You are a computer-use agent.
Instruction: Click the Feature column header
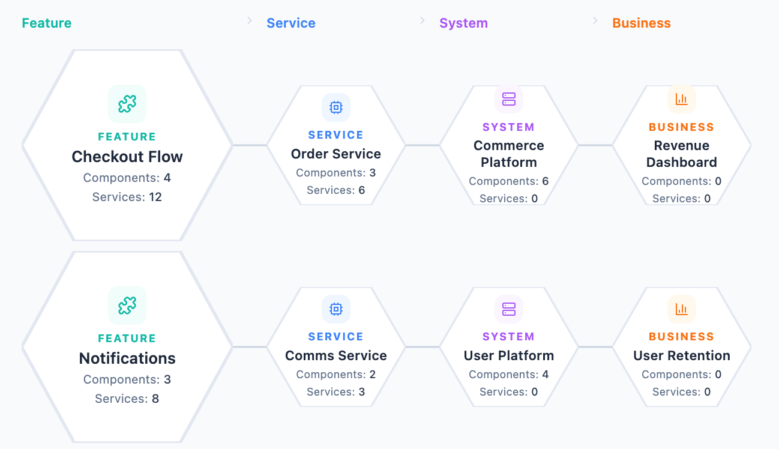46,23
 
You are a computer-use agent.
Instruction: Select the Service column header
291,23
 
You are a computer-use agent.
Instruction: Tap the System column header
463,23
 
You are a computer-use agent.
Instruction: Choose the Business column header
641,23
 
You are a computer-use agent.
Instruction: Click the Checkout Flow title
127,157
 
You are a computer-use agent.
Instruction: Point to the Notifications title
127,358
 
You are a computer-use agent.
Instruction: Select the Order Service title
336,154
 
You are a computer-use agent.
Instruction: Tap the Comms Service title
336,355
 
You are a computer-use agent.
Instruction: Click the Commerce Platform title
509,154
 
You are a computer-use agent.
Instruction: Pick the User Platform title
509,355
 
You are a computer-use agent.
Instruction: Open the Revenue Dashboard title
682,154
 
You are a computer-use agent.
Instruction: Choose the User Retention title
682,355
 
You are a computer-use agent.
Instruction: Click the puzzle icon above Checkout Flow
127,104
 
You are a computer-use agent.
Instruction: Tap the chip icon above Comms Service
336,309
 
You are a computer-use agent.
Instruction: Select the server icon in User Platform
509,309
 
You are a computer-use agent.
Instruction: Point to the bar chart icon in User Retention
682,309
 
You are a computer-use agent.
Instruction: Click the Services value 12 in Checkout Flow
155,197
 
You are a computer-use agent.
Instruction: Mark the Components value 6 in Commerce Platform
545,181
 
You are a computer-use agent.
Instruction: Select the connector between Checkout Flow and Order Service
250,145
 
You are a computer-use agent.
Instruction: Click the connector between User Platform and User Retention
595,347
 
